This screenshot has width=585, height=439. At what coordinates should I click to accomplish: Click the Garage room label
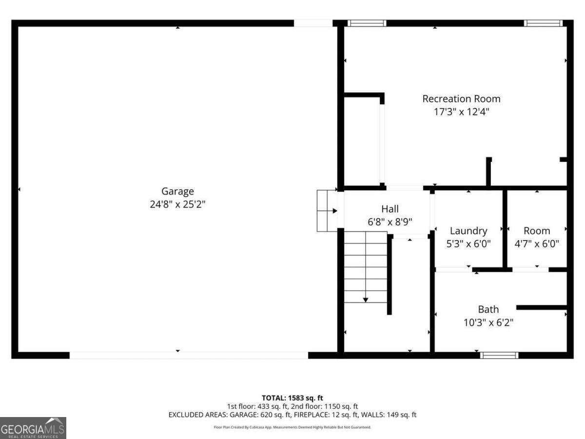178,191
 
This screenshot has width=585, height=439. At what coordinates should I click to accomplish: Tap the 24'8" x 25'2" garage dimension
178,204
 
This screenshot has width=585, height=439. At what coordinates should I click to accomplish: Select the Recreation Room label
461,99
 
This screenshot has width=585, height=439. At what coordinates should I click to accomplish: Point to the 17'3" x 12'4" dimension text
461,112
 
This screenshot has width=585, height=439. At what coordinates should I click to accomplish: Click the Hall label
390,209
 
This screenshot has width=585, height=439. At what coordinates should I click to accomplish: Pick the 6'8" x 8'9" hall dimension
390,221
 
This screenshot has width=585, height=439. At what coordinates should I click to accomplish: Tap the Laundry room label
468,231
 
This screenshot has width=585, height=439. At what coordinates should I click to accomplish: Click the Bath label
488,309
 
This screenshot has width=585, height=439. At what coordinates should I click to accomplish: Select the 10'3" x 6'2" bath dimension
488,322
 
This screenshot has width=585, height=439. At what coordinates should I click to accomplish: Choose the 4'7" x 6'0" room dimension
537,243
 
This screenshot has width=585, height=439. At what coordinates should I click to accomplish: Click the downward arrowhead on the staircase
366,299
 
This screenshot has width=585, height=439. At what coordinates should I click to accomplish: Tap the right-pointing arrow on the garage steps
334,211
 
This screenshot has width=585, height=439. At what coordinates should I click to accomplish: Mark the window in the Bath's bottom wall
499,355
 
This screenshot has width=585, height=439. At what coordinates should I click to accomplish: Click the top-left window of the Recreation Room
367,23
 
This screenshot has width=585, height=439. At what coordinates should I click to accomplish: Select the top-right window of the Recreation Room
543,23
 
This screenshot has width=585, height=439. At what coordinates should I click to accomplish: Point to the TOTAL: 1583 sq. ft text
292,398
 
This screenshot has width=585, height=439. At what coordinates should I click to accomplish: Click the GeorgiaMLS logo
33,428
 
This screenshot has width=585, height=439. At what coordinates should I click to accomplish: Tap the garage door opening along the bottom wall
189,355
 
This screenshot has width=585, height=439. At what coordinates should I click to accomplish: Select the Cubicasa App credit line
292,427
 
